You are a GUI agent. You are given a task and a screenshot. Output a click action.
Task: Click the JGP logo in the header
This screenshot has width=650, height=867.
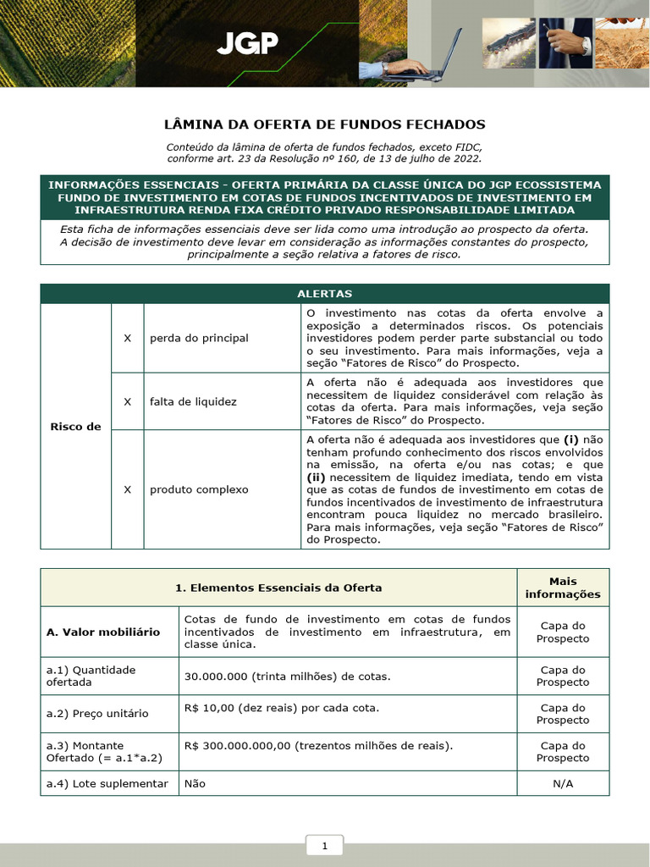tap(246, 44)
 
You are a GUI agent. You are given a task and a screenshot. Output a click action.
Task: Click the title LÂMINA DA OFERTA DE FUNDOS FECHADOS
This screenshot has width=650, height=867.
tap(324, 124)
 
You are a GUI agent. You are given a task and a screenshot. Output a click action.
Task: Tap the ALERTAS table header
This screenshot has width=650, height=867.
tap(324, 294)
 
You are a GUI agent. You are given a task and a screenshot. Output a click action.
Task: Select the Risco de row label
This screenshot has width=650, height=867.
tap(75, 426)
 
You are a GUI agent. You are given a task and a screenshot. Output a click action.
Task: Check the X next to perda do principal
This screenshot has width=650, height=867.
tap(127, 338)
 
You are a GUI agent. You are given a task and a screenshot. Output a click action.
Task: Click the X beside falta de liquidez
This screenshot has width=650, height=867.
tap(127, 401)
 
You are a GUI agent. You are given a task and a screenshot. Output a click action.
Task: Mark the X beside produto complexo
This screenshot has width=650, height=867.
tap(127, 489)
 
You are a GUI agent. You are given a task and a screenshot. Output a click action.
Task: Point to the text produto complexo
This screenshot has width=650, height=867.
tap(199, 489)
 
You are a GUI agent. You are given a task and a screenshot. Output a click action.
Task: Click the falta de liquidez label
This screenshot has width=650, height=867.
tap(193, 401)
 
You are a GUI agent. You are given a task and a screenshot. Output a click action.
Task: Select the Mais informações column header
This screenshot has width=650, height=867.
tap(563, 588)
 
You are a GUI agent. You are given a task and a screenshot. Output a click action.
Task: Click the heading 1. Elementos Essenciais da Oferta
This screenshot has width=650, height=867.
tap(278, 588)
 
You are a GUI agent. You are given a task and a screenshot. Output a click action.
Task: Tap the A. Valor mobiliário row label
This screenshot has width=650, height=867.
tap(103, 632)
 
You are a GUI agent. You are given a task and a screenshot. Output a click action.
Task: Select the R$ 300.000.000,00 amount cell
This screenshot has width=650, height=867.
tap(318, 745)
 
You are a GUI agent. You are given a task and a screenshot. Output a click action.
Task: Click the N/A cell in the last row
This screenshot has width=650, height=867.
tap(563, 783)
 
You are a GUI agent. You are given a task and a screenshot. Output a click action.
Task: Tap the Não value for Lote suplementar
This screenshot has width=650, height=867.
tap(195, 783)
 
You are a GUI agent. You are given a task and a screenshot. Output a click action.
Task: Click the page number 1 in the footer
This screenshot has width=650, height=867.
tap(324, 846)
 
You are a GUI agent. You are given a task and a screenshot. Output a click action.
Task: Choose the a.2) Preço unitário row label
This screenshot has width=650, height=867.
tap(97, 713)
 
